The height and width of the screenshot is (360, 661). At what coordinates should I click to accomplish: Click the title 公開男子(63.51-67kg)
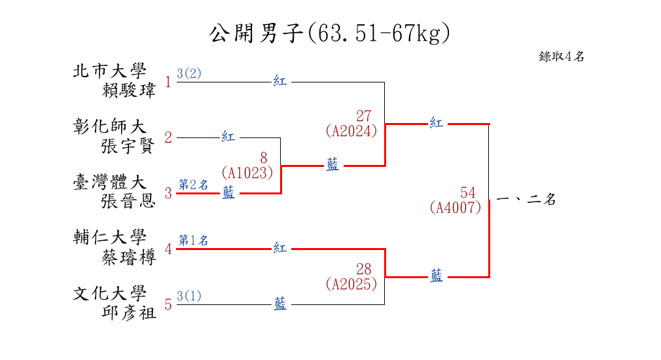[330, 33]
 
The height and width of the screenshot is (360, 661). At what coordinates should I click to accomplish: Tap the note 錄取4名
[562, 56]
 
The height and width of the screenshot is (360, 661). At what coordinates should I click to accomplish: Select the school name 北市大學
[109, 71]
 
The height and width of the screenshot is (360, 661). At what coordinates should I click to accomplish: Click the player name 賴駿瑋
[130, 90]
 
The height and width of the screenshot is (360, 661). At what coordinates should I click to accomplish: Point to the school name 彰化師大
[109, 126]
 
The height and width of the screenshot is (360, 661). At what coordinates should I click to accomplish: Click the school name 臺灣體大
[109, 182]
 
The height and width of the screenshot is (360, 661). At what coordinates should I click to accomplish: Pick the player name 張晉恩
[129, 201]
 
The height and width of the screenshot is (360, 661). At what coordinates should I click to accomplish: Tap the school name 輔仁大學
[109, 237]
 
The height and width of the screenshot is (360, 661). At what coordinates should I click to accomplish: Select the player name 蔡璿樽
[129, 257]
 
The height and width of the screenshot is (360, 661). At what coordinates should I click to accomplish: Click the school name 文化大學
[109, 293]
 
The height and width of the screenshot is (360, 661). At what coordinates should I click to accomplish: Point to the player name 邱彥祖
[129, 312]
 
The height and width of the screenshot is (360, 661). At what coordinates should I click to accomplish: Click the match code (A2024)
[351, 131]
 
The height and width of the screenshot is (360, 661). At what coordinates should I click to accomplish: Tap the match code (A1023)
[247, 173]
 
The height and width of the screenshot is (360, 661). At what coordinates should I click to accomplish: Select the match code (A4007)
[456, 207]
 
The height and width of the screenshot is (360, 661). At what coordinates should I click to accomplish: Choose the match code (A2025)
[351, 284]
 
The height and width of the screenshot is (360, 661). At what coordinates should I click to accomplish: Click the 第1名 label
[194, 240]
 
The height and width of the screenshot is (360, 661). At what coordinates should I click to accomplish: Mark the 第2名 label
[194, 185]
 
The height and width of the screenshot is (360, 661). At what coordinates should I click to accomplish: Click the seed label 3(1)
[189, 296]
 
